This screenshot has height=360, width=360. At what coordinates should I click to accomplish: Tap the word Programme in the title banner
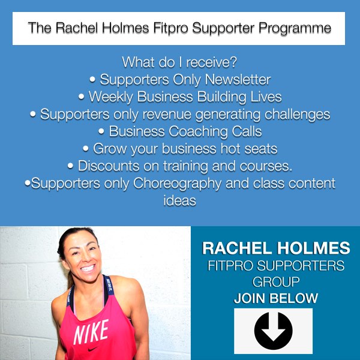point(295,29)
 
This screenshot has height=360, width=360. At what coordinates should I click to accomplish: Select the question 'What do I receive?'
point(179,62)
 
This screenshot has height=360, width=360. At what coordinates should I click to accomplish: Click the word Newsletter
point(238,79)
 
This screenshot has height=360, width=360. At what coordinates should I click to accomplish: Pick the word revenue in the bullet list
point(167,115)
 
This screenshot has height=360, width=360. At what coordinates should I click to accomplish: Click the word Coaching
point(198,132)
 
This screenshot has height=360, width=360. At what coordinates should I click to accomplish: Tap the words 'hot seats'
point(249,149)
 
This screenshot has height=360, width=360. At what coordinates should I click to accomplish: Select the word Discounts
point(109,166)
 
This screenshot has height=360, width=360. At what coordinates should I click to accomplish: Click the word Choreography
point(177,184)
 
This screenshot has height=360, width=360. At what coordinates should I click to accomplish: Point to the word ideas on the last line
point(180,200)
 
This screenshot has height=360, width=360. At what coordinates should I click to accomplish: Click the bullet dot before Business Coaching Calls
point(101,131)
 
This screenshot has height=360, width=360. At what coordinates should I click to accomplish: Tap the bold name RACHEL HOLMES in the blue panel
point(276,248)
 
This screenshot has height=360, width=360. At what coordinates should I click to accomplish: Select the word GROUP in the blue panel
point(276,282)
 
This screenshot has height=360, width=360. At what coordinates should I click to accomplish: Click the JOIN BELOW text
point(276,298)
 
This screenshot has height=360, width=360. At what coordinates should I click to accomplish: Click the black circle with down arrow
point(273,331)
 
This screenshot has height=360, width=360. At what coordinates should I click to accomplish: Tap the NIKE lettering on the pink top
point(91,332)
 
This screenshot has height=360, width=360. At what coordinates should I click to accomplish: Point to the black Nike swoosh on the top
point(94,349)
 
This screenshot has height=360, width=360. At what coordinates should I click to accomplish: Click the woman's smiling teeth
point(88,268)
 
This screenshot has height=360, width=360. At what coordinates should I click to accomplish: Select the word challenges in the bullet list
point(297,115)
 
